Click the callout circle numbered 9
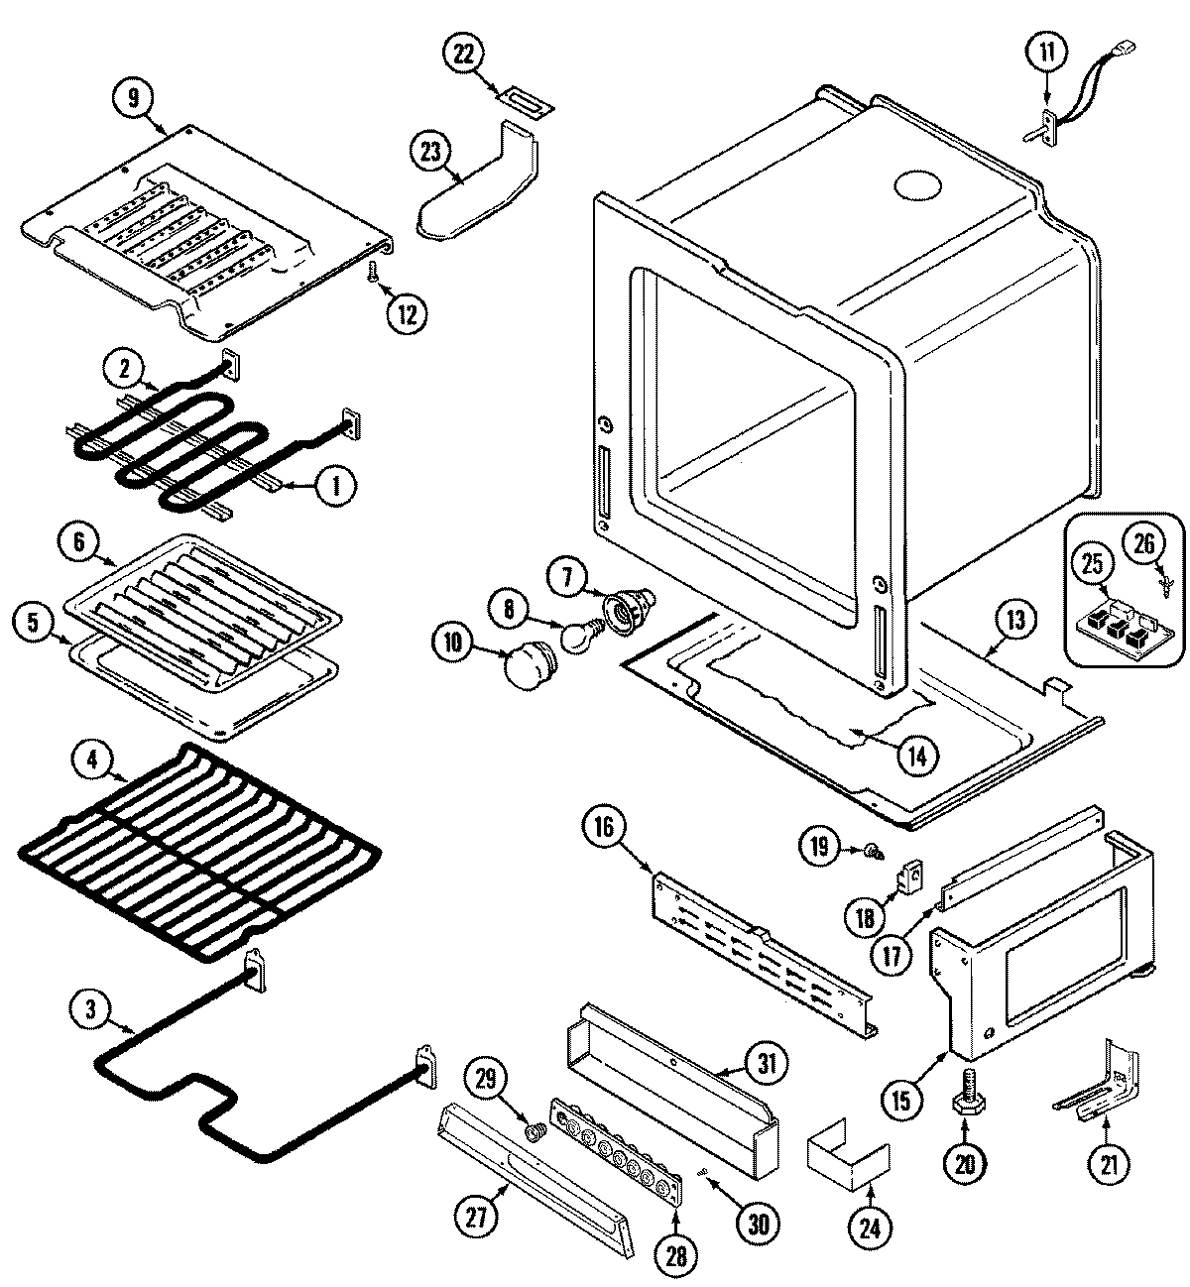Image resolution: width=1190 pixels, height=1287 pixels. (134, 98)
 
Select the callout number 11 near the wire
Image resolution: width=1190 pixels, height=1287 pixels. (1047, 53)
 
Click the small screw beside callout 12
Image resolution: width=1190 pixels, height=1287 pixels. (375, 272)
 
